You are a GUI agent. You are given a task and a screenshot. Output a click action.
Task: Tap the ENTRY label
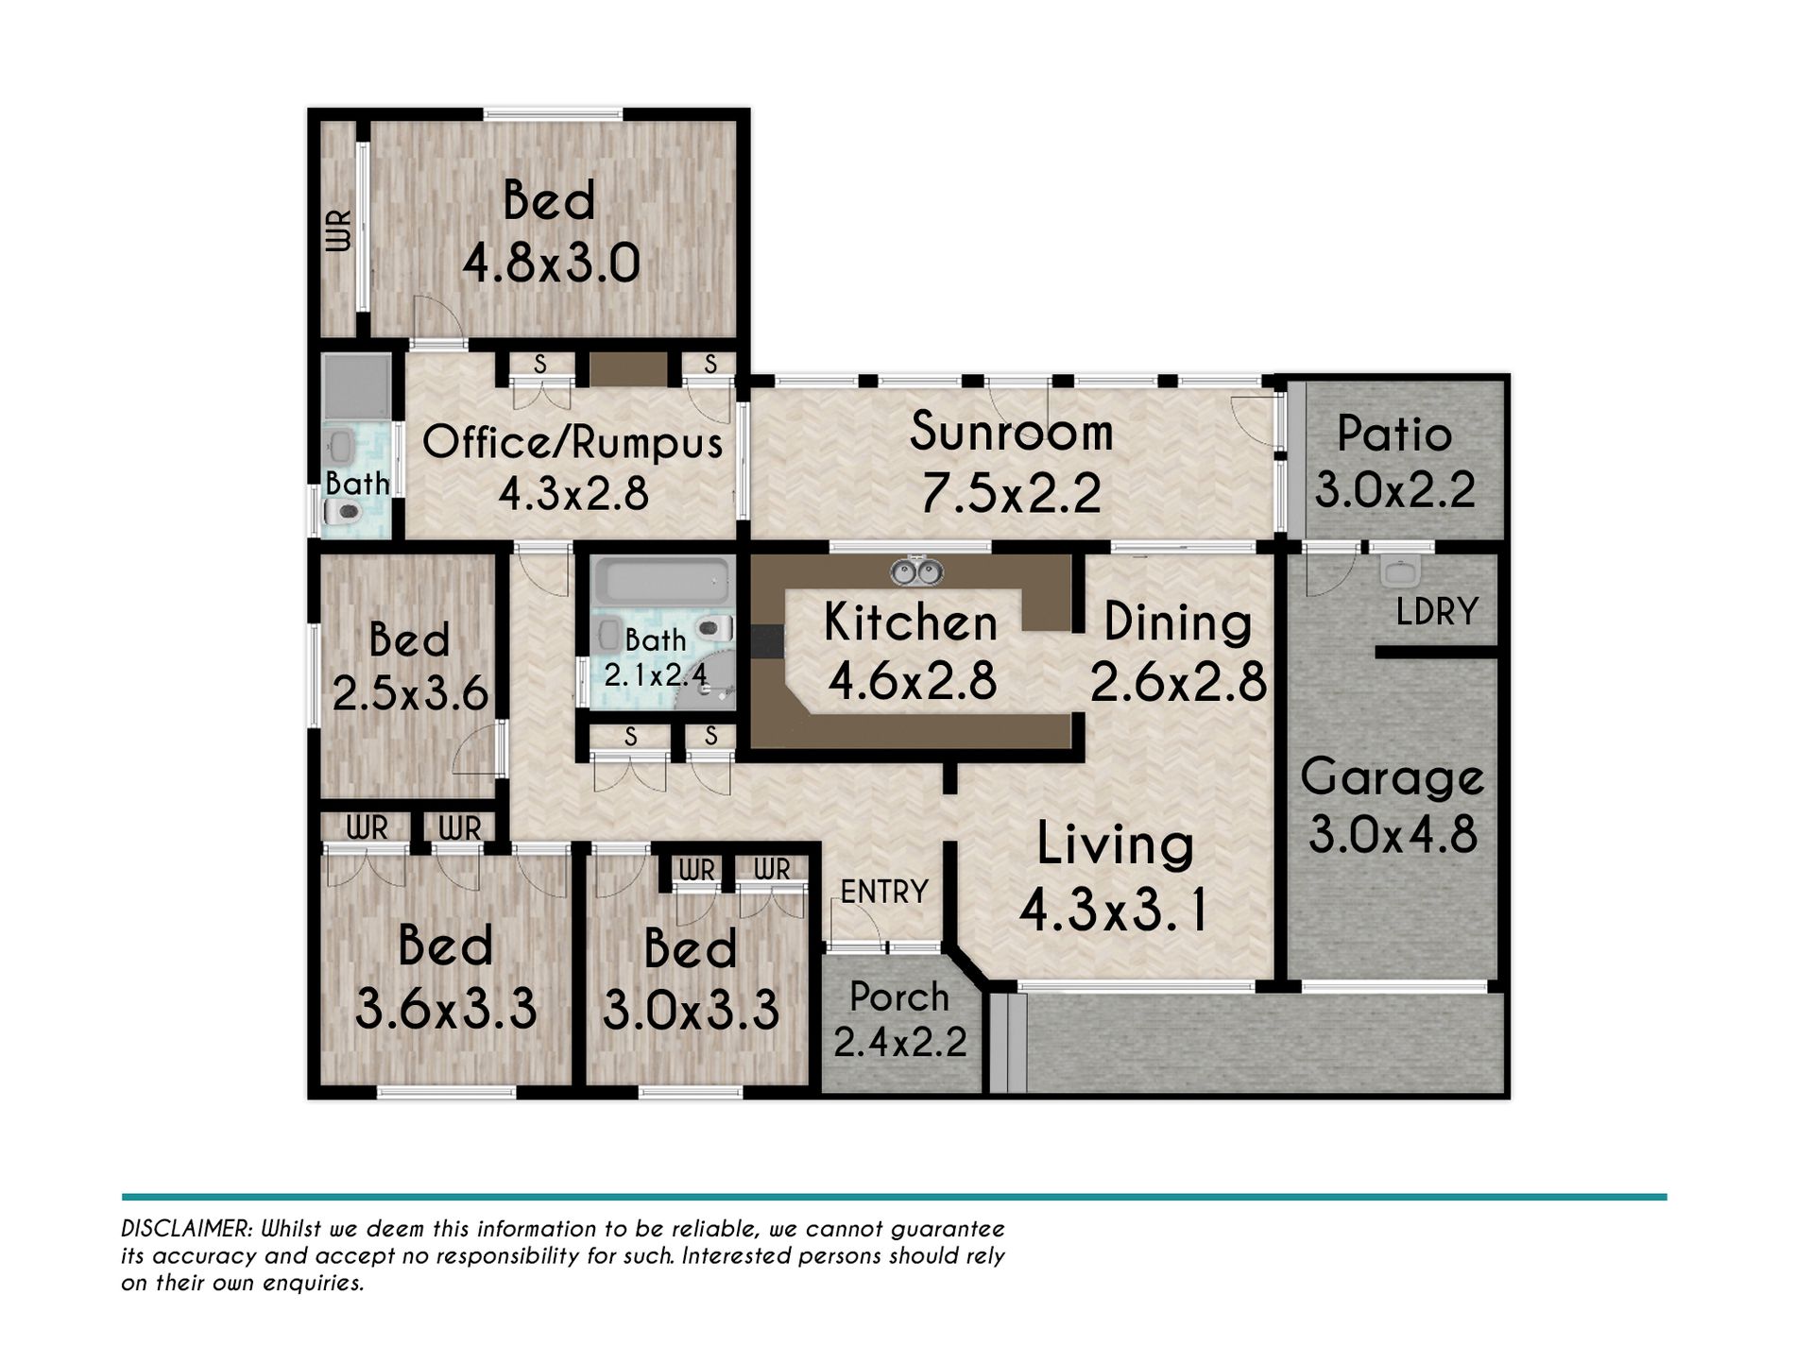pyautogui.click(x=884, y=891)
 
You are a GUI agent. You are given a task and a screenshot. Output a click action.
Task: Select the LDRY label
pyautogui.click(x=1437, y=612)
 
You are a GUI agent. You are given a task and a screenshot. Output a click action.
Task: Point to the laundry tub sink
pyautogui.click(x=1400, y=571)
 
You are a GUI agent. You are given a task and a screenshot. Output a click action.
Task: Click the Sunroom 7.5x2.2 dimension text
pyautogui.click(x=1011, y=493)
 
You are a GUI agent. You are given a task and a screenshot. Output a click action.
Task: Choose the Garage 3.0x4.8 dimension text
pyautogui.click(x=1393, y=834)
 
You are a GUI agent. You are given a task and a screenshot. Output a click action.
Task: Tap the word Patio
pyautogui.click(x=1394, y=434)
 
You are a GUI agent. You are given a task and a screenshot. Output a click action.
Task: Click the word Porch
pyautogui.click(x=898, y=997)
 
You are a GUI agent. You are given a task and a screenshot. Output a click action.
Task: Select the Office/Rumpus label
pyautogui.click(x=573, y=443)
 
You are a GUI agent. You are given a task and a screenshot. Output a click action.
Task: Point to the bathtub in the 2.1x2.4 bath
pyautogui.click(x=666, y=581)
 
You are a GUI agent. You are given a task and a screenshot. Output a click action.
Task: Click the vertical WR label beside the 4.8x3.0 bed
pyautogui.click(x=338, y=230)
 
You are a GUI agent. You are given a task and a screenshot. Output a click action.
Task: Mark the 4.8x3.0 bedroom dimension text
pyautogui.click(x=551, y=263)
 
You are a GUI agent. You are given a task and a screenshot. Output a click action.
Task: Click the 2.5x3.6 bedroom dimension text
pyautogui.click(x=409, y=693)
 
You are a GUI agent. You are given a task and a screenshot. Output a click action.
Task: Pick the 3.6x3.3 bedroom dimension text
pyautogui.click(x=445, y=1008)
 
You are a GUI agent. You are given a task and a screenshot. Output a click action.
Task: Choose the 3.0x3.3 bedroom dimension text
pyautogui.click(x=691, y=1010)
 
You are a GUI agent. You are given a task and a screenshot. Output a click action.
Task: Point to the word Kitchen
pyautogui.click(x=911, y=622)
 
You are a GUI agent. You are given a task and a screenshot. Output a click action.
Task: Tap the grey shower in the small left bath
pyautogui.click(x=356, y=387)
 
